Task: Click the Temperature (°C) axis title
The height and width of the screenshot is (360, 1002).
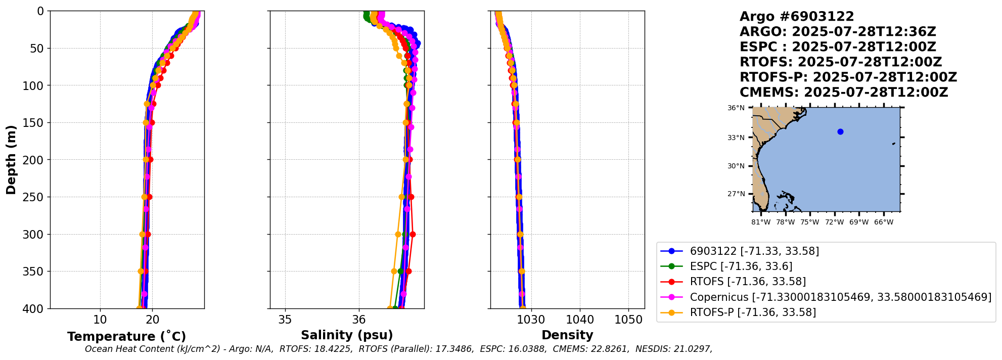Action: point(126,337)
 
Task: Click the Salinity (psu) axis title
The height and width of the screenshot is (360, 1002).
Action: point(347,335)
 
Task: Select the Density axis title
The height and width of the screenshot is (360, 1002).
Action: point(567,335)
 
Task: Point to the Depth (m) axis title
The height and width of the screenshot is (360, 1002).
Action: point(11,160)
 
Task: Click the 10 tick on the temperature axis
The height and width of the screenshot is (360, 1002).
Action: point(100,320)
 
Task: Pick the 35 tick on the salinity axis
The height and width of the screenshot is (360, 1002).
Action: point(285,320)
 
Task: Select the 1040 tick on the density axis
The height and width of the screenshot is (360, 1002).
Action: point(580,320)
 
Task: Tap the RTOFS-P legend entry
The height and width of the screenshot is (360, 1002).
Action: point(752,312)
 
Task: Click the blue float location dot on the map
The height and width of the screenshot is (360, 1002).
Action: point(840,131)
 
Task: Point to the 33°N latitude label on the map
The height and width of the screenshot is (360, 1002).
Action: point(736,138)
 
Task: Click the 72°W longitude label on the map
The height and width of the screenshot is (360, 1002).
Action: point(834,222)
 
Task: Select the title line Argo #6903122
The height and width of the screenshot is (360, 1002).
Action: point(797,17)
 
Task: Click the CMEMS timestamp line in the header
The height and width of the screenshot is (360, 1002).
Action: point(843,93)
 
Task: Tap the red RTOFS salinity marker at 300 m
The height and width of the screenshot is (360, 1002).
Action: point(413,234)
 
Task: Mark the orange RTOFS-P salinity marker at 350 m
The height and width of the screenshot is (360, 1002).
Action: point(394,272)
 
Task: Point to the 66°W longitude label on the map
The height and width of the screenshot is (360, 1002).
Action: point(883,222)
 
